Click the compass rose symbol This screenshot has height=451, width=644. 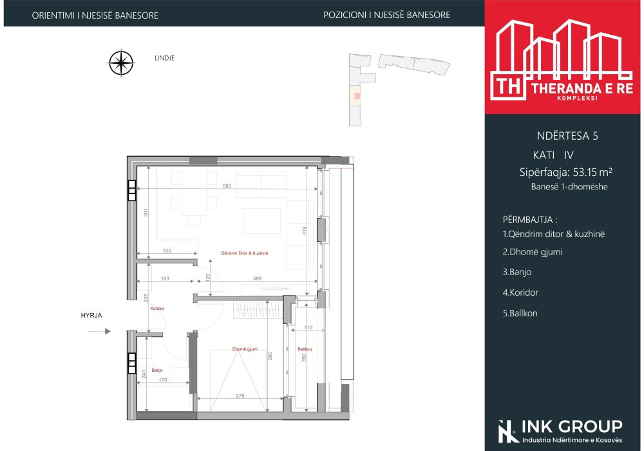point(121,63)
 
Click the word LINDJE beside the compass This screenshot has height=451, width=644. point(165,58)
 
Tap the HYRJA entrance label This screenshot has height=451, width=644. point(91,316)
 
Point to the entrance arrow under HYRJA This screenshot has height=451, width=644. point(99,331)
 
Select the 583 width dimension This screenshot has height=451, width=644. point(227,186)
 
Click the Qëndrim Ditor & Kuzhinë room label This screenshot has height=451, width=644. point(244,253)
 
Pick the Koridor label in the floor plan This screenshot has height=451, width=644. point(157,309)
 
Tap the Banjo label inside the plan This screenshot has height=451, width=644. point(157,370)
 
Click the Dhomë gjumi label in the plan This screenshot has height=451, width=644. point(245,349)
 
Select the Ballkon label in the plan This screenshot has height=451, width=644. point(305,349)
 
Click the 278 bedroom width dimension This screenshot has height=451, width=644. point(240,396)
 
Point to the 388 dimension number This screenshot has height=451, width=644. point(257,278)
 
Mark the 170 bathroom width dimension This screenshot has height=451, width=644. point(163,380)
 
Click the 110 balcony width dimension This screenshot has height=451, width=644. point(308,327)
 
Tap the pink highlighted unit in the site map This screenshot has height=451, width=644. point(357,96)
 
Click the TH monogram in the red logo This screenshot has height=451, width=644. point(509,87)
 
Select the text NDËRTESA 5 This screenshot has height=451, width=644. point(567,136)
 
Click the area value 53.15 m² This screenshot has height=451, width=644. point(592,172)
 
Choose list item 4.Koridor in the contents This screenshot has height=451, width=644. point(520,293)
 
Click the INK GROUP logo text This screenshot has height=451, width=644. point(572,427)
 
